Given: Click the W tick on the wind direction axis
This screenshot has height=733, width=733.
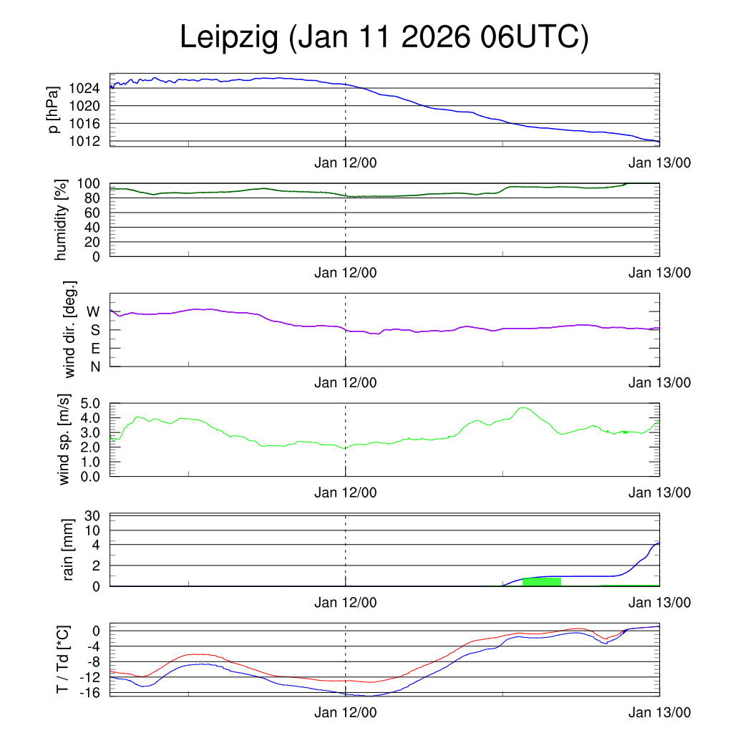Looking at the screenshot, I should [94, 311].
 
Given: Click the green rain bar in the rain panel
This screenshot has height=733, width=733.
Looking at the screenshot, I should [542, 581].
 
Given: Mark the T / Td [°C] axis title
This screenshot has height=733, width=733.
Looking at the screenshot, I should [64, 659].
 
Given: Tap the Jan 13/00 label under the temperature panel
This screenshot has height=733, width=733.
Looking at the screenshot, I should [660, 713].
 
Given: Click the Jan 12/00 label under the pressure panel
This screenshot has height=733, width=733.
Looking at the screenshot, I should [346, 162].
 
